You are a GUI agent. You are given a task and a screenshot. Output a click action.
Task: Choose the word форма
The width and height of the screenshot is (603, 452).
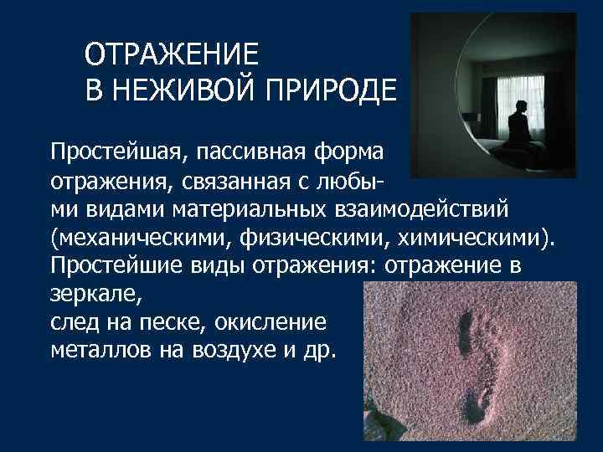(351, 153)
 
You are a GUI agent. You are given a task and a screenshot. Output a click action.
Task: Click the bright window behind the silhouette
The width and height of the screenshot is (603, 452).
(494, 96)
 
